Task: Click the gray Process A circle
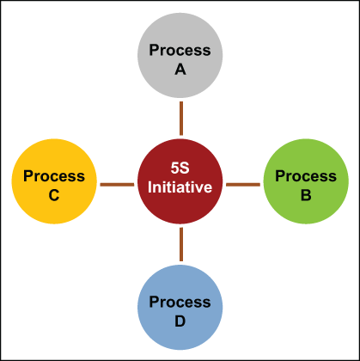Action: [180, 55]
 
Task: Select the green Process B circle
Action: [306, 181]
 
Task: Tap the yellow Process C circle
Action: [54, 181]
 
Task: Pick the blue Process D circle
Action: [180, 308]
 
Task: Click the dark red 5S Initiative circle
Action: [180, 181]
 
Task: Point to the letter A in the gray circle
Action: [180, 70]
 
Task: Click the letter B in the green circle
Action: [306, 195]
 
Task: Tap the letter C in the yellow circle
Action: [54, 195]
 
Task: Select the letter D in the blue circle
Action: [180, 321]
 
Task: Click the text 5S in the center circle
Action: [180, 168]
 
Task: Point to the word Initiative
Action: [180, 187]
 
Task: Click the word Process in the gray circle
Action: [180, 50]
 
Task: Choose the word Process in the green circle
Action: [306, 176]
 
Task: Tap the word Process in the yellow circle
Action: [54, 176]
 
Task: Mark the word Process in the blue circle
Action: [180, 303]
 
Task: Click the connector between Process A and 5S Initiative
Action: [181, 119]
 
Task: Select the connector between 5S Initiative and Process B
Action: [243, 185]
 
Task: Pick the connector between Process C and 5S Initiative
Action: [117, 185]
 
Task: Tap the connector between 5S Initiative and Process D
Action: [181, 244]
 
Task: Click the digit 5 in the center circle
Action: [175, 168]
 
